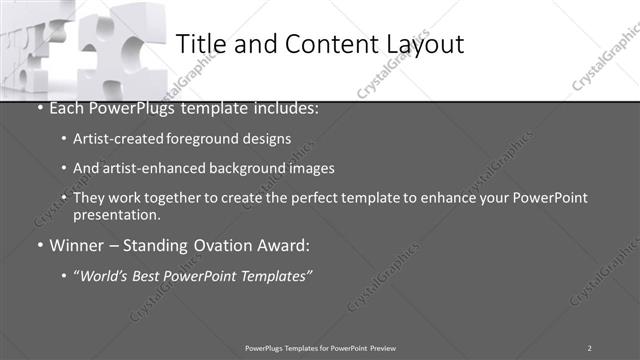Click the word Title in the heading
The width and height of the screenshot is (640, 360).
coord(202,44)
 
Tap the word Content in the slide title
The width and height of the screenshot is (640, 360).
coord(321,44)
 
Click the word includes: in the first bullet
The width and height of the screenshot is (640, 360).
coord(286,108)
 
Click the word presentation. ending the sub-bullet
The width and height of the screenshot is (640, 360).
coord(116,214)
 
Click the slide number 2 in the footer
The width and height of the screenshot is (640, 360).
coord(589,348)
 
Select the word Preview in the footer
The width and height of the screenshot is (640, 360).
coord(382,348)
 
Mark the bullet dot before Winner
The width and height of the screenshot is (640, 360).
coord(39,245)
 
